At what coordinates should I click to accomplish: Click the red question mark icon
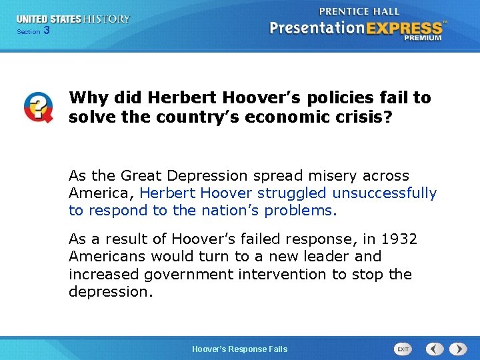(38, 107)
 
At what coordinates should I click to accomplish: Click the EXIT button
(403, 349)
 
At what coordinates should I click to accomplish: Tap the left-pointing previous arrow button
(435, 349)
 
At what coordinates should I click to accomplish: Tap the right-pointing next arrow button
(458, 349)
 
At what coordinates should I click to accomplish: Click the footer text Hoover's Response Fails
(239, 349)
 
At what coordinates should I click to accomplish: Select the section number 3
(46, 31)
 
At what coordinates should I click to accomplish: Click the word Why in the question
(88, 98)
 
